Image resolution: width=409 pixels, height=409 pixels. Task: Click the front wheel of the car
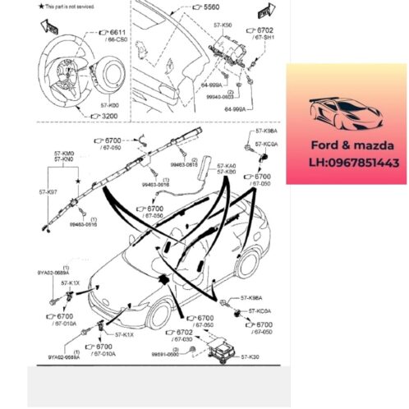tap(161, 314)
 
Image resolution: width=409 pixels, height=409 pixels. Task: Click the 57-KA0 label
tap(227, 165)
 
